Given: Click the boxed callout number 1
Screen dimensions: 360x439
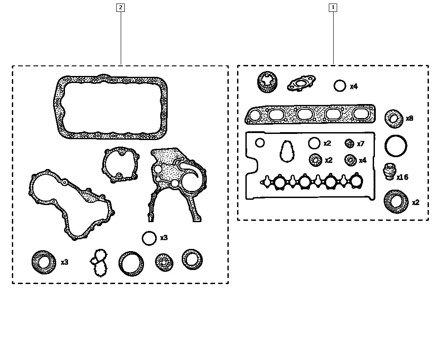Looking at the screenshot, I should (333, 7).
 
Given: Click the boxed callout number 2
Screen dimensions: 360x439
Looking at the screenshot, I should (120, 7).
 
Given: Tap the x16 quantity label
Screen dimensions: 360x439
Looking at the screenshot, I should (402, 177).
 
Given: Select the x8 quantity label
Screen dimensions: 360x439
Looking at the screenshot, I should (409, 119).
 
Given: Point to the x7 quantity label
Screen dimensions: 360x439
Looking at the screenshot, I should (360, 144).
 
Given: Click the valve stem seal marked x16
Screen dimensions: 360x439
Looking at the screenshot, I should (389, 172).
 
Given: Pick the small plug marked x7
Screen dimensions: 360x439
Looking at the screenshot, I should (349, 144).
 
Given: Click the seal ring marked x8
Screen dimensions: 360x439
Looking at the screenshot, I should (393, 119).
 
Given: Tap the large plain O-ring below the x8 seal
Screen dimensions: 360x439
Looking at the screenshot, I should (396, 145).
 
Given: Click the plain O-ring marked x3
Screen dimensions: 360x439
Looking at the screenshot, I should (149, 238).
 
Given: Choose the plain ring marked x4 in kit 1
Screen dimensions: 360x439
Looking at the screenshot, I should (340, 86).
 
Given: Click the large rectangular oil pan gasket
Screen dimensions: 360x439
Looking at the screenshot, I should (111, 108).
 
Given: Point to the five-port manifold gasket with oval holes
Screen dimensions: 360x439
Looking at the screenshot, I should (310, 115).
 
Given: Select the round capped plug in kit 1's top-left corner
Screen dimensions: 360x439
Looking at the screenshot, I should (266, 82).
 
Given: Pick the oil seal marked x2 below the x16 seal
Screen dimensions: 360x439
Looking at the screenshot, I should (396, 202).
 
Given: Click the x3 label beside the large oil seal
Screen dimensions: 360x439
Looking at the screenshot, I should (65, 262).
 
